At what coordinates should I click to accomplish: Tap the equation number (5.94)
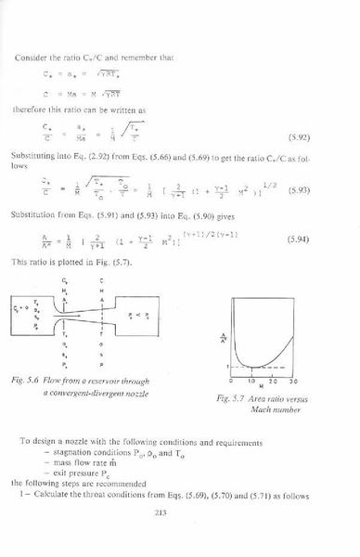click(x=324, y=238)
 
